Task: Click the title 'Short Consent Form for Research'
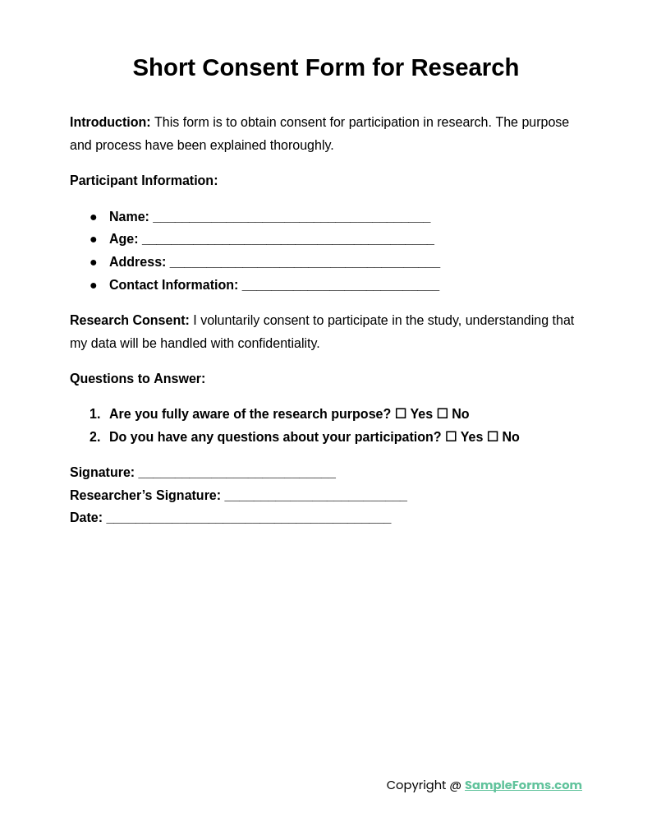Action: (x=325, y=67)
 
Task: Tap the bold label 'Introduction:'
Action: (x=110, y=122)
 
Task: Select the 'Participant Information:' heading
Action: (x=144, y=181)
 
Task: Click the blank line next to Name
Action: (x=292, y=218)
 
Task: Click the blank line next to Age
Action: (x=287, y=240)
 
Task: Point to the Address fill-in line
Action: (x=305, y=263)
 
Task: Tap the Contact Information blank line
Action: (x=340, y=286)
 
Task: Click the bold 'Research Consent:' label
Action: (x=130, y=321)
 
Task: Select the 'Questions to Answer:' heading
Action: (x=137, y=379)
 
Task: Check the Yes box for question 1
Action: (x=401, y=414)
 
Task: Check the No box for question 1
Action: (x=443, y=414)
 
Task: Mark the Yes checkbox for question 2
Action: (x=451, y=437)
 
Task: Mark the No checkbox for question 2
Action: (x=493, y=437)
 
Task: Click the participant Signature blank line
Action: (x=236, y=473)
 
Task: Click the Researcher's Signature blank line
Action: (x=315, y=496)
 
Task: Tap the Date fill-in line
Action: (x=249, y=519)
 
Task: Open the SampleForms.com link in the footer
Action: (x=523, y=785)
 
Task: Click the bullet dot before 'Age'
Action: (x=94, y=240)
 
